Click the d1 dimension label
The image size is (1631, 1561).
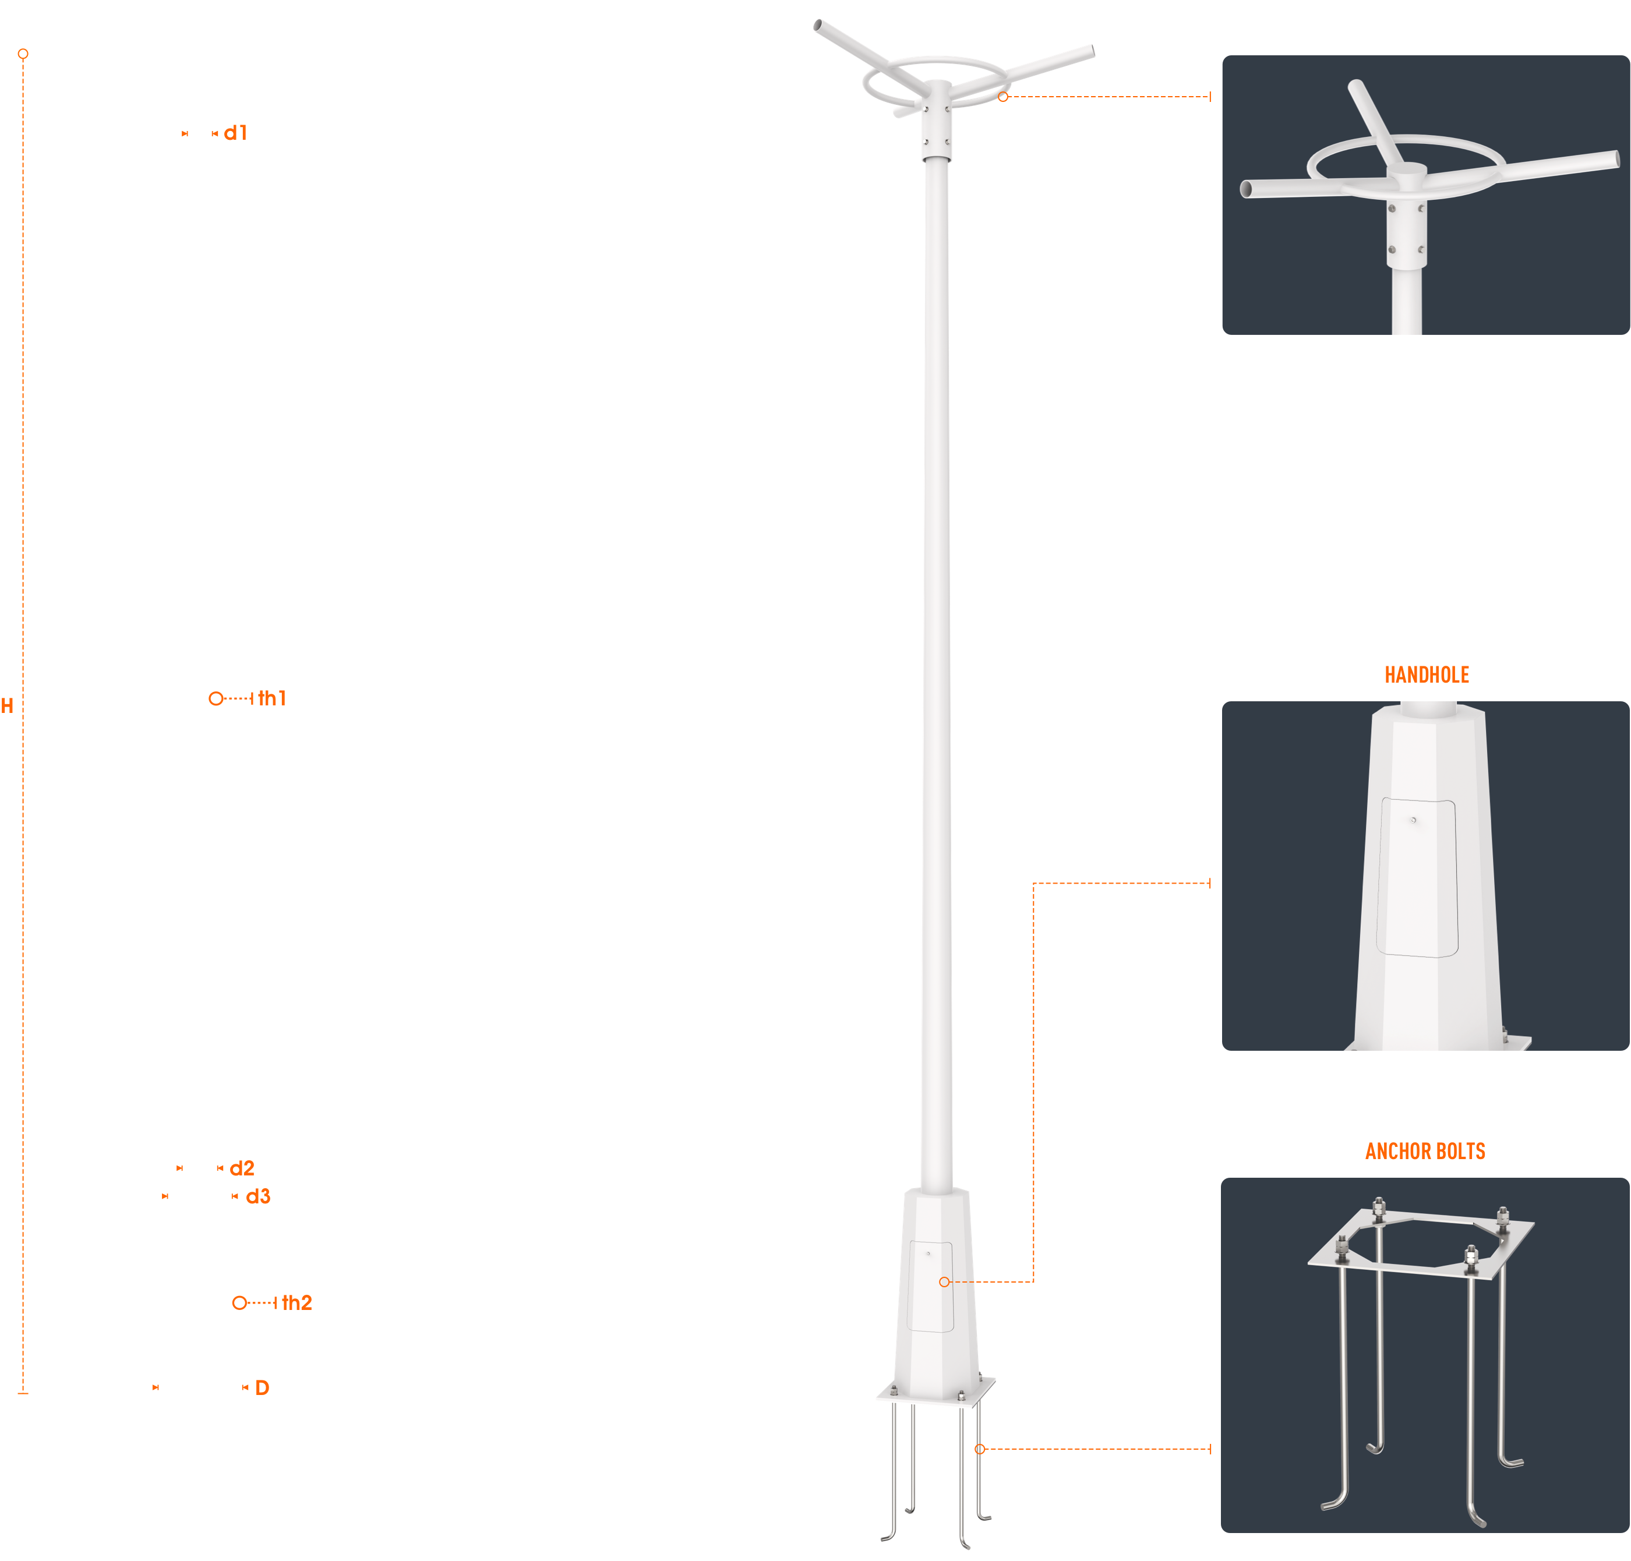click(235, 133)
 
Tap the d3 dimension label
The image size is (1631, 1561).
click(258, 1196)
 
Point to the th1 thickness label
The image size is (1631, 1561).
click(272, 698)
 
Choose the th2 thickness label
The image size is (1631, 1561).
click(297, 1302)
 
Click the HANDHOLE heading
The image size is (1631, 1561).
click(1427, 675)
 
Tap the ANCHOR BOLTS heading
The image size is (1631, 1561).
click(1425, 1152)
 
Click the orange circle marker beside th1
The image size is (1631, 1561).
click(216, 699)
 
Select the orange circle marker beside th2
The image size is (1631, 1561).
click(239, 1303)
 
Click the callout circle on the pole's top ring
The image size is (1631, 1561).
click(1002, 97)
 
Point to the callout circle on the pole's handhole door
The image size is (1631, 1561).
click(944, 1282)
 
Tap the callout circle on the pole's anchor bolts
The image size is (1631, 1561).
click(979, 1450)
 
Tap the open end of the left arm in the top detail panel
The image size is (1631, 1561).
click(1246, 190)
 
